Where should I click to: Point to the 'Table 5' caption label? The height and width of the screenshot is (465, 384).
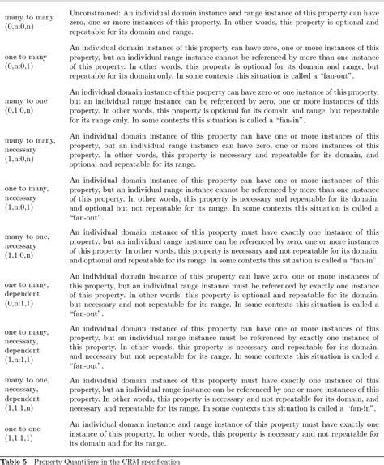point(16,460)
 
